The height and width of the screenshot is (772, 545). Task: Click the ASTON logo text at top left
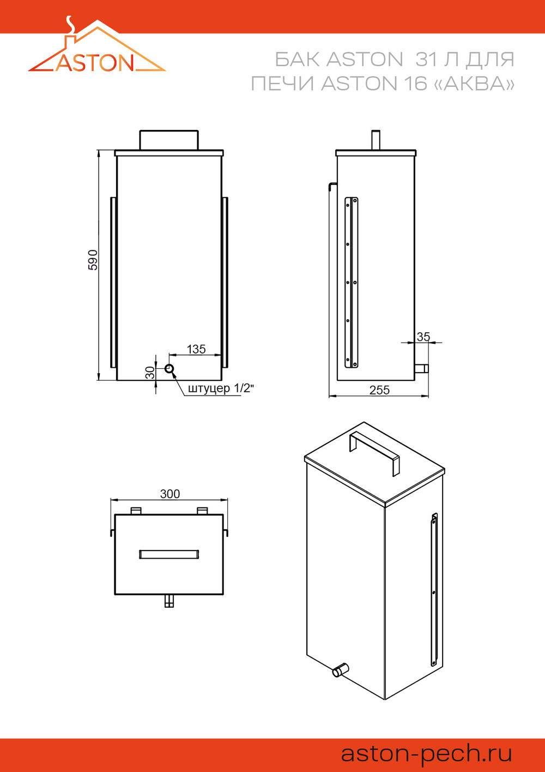(x=95, y=63)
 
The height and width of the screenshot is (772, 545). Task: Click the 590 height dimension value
(x=93, y=260)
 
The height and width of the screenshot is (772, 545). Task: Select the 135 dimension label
(x=196, y=349)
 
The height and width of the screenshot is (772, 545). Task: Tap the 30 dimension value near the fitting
(x=150, y=373)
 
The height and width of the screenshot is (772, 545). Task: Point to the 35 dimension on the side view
(x=423, y=337)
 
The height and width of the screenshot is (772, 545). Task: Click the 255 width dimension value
(x=379, y=390)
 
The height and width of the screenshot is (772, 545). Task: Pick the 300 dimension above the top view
(x=170, y=494)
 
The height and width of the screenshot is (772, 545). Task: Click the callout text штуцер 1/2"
(x=221, y=388)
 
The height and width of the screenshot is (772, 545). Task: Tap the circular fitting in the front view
(x=169, y=369)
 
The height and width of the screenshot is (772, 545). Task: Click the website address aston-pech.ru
(x=426, y=753)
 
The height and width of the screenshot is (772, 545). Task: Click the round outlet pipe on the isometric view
(x=340, y=669)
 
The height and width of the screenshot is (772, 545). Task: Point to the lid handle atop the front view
(x=169, y=140)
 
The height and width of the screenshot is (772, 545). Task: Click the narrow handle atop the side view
(x=376, y=140)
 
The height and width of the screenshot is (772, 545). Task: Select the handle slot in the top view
(x=169, y=554)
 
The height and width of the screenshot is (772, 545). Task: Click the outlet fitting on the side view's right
(x=421, y=368)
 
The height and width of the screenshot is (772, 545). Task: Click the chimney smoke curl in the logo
(x=70, y=26)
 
